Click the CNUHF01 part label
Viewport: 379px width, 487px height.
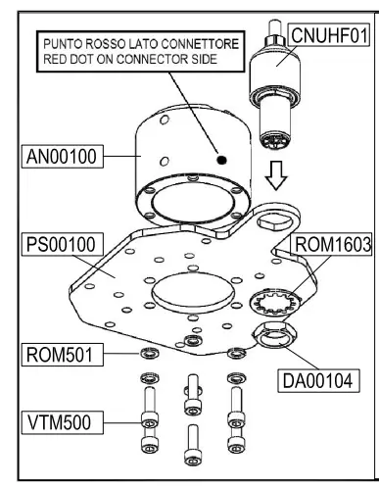pos(331,36)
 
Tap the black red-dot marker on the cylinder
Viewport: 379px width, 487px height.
pos(222,158)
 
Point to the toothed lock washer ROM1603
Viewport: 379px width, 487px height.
pos(265,298)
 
